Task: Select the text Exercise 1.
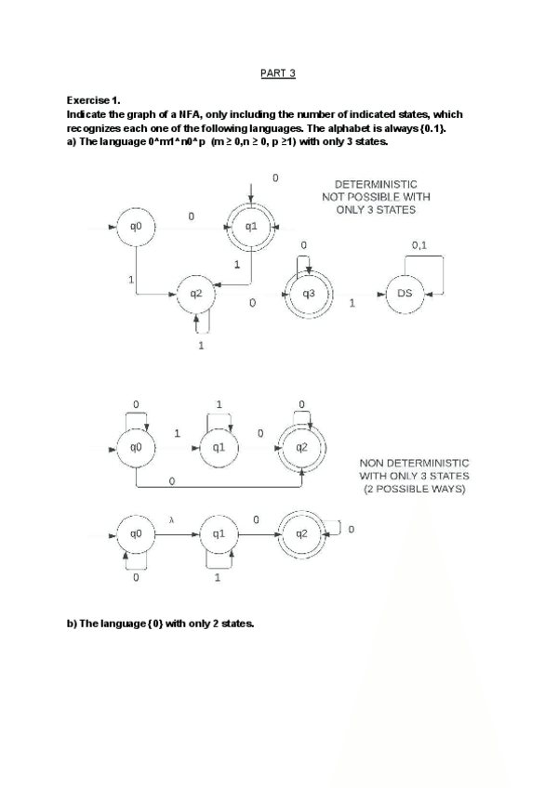click(94, 99)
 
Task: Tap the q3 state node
click(309, 294)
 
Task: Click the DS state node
click(405, 294)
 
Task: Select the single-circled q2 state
click(195, 294)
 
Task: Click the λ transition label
click(172, 522)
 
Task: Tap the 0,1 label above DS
click(419, 245)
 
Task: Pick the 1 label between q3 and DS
click(352, 304)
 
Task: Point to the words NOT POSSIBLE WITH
click(376, 197)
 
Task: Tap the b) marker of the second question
click(72, 624)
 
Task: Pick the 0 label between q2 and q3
click(253, 304)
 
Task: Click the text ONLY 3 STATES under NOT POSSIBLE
click(376, 210)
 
